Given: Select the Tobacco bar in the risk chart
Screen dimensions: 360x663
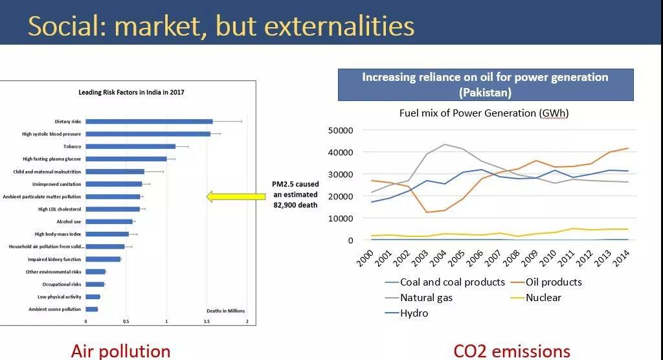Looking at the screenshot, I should point(130,146).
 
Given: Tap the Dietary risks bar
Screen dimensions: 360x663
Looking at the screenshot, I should point(149,121).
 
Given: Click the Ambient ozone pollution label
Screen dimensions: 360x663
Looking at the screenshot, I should point(55,309).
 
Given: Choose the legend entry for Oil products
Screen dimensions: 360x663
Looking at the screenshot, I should point(553,282).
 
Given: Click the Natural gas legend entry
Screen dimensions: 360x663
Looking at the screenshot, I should point(426,298).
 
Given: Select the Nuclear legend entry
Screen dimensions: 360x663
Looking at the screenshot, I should point(543,298).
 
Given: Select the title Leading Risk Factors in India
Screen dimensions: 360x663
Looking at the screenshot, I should point(131,93).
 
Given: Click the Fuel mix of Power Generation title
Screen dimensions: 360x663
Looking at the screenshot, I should point(484,113).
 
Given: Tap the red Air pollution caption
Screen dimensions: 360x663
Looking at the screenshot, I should point(120,351).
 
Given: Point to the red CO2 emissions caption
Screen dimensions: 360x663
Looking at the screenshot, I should point(511,351).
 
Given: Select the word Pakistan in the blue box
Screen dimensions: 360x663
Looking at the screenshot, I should point(486,92).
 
